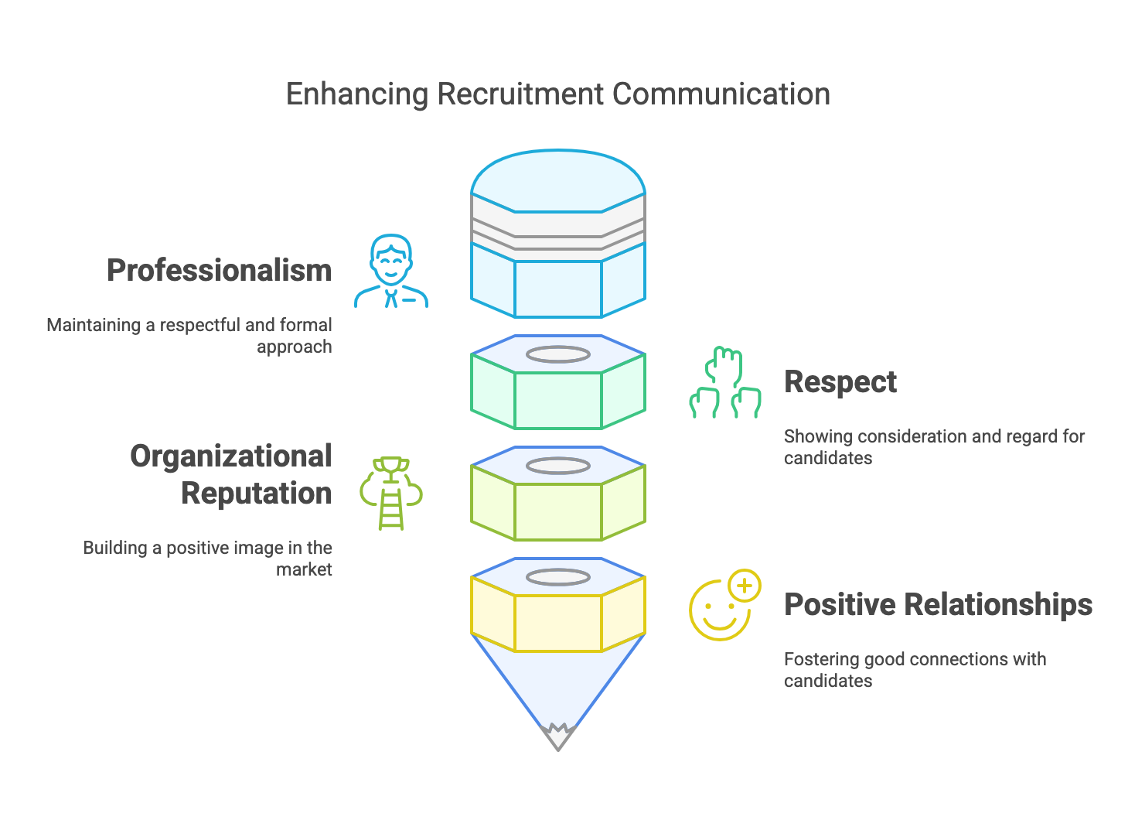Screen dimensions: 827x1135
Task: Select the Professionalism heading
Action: pos(219,271)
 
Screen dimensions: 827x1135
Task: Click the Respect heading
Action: pos(840,382)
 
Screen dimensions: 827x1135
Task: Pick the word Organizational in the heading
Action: pos(230,456)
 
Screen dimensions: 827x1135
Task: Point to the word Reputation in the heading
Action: pos(256,494)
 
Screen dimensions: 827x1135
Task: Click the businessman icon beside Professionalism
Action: pos(391,272)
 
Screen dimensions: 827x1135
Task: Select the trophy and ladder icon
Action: pos(391,493)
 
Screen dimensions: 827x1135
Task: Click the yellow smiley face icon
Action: pos(721,610)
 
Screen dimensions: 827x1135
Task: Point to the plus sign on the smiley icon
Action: pos(745,586)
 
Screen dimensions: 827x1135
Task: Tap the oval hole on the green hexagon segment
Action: pos(558,355)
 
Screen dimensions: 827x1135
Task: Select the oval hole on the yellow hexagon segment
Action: pos(558,577)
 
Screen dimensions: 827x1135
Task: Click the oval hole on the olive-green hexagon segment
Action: pos(558,466)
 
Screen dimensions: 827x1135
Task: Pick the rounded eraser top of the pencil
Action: pos(558,176)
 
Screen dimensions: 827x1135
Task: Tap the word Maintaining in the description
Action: pos(94,325)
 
